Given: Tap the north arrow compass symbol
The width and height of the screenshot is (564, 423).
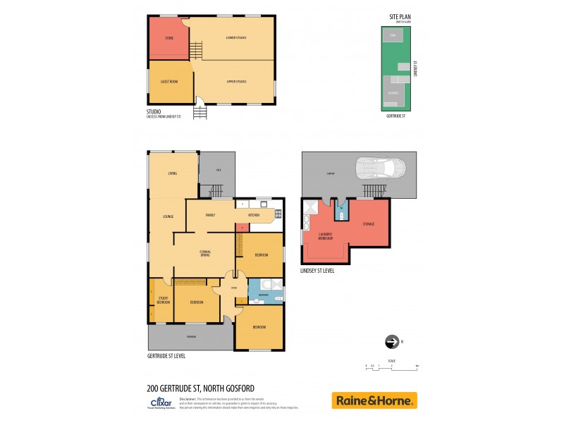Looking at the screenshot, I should click(392, 342).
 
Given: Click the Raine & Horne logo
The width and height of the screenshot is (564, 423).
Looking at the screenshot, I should click(374, 400).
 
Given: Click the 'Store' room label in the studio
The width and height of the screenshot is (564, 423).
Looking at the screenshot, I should click(169, 37).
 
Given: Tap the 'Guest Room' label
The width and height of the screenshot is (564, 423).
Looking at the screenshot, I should click(169, 82).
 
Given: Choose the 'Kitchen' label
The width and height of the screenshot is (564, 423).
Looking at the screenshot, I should click(254, 215).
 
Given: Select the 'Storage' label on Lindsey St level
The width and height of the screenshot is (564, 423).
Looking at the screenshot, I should click(367, 223).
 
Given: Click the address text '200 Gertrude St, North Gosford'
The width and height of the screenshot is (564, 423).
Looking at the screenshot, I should click(200, 388).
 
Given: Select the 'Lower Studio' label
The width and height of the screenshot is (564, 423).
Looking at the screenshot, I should click(235, 37).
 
